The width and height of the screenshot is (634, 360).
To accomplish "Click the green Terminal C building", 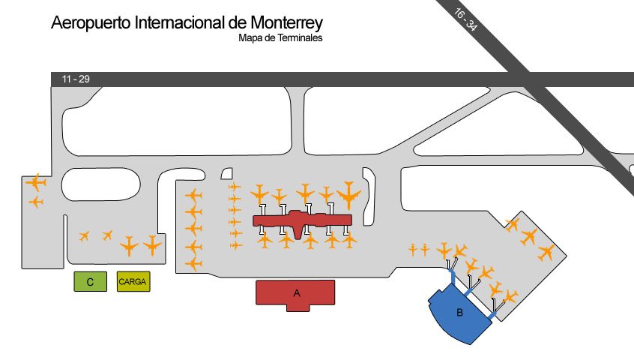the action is pos(90,281).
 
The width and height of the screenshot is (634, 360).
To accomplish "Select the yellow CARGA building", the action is pos(133,281).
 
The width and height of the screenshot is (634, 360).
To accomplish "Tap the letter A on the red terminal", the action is pos(297,293).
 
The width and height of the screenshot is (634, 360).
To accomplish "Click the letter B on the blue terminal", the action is pos(459,313).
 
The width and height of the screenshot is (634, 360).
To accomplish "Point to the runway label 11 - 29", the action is pos(76,79).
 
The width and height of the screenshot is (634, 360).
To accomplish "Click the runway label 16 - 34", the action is pos(466,19).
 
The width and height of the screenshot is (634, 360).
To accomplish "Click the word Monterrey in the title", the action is pos(287,22).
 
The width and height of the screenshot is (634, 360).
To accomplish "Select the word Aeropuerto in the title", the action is pos(91,23).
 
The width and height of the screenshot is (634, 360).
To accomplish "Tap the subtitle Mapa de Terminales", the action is pos(280,38).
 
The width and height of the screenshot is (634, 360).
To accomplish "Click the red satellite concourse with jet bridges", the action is pos(302,220).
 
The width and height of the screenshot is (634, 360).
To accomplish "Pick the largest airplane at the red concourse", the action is pos(348,195).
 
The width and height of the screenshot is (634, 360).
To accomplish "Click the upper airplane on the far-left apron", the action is pos(36,182).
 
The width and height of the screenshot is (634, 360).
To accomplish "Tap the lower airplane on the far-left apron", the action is pos(37,202).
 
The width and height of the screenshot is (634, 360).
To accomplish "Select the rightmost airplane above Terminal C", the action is pos(152,245).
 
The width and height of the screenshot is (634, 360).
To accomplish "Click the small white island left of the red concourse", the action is pos(227,174).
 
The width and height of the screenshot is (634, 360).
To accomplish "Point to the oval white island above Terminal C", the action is pos(100,184).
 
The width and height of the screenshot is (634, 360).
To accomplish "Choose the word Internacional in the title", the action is pos(181,22).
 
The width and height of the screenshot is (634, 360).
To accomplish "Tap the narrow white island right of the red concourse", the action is pos(369,196).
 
